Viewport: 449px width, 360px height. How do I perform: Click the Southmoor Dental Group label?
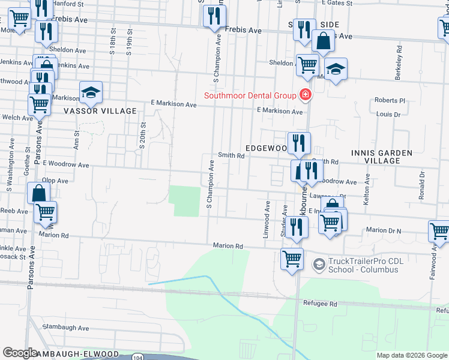[x=250, y=95]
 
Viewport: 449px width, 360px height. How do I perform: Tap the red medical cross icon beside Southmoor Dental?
[x=305, y=95]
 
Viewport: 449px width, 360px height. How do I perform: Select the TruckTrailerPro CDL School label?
[x=363, y=265]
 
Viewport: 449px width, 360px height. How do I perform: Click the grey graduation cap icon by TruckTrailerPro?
[x=319, y=263]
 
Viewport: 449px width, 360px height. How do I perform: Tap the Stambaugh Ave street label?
[x=65, y=328]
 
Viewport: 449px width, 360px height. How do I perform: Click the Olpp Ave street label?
[x=55, y=180]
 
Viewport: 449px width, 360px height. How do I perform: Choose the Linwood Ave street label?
[x=266, y=220]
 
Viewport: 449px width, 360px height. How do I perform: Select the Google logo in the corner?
[x=20, y=352]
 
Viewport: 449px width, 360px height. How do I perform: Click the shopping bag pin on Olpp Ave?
[x=38, y=193]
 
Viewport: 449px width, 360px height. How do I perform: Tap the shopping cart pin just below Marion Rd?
[x=292, y=259]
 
